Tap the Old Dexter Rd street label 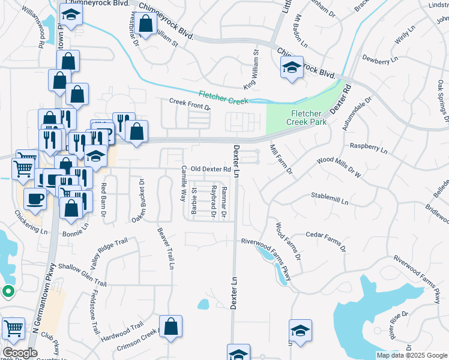click(211, 169)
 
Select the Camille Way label click(184, 184)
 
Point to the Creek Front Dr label click(190, 104)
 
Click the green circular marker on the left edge click(8, 292)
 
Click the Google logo click(20, 353)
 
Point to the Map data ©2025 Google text click(411, 355)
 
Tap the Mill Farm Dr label click(281, 158)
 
